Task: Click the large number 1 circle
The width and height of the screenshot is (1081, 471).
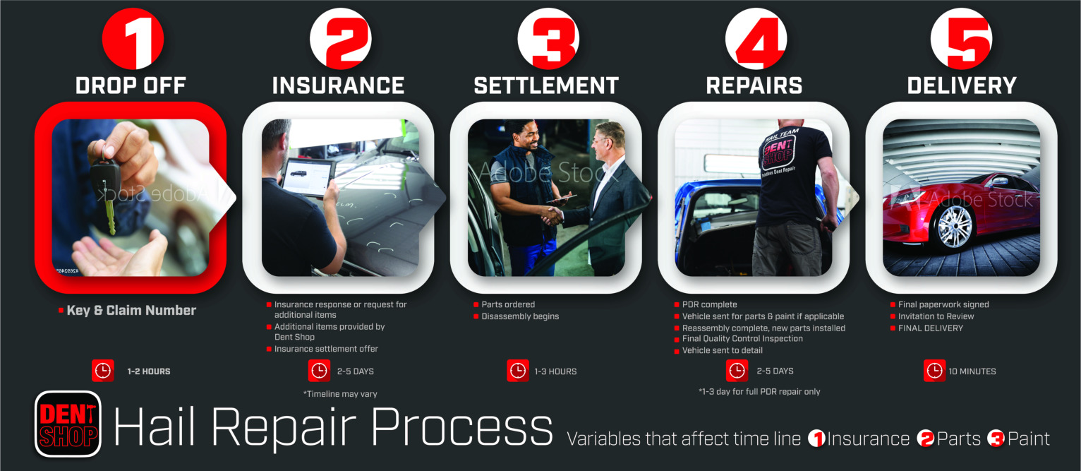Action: [133, 39]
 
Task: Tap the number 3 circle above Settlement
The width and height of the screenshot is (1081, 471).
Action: [548, 39]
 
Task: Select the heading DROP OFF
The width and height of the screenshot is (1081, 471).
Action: [131, 86]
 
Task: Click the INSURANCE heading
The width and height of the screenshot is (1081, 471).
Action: [338, 86]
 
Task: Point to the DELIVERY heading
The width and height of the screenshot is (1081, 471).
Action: [962, 86]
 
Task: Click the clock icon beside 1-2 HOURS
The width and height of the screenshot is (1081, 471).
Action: [102, 371]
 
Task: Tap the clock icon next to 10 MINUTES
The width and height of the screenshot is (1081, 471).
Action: [934, 371]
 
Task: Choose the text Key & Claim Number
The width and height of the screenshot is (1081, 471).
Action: [131, 311]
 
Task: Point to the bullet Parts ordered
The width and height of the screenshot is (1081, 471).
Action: [508, 305]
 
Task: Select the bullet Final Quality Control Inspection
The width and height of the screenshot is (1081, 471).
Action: [742, 339]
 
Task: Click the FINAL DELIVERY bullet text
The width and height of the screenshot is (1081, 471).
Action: [930, 328]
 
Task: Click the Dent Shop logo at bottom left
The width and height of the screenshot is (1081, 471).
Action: [68, 424]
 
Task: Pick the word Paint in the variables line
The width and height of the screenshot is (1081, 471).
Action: [1028, 439]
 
